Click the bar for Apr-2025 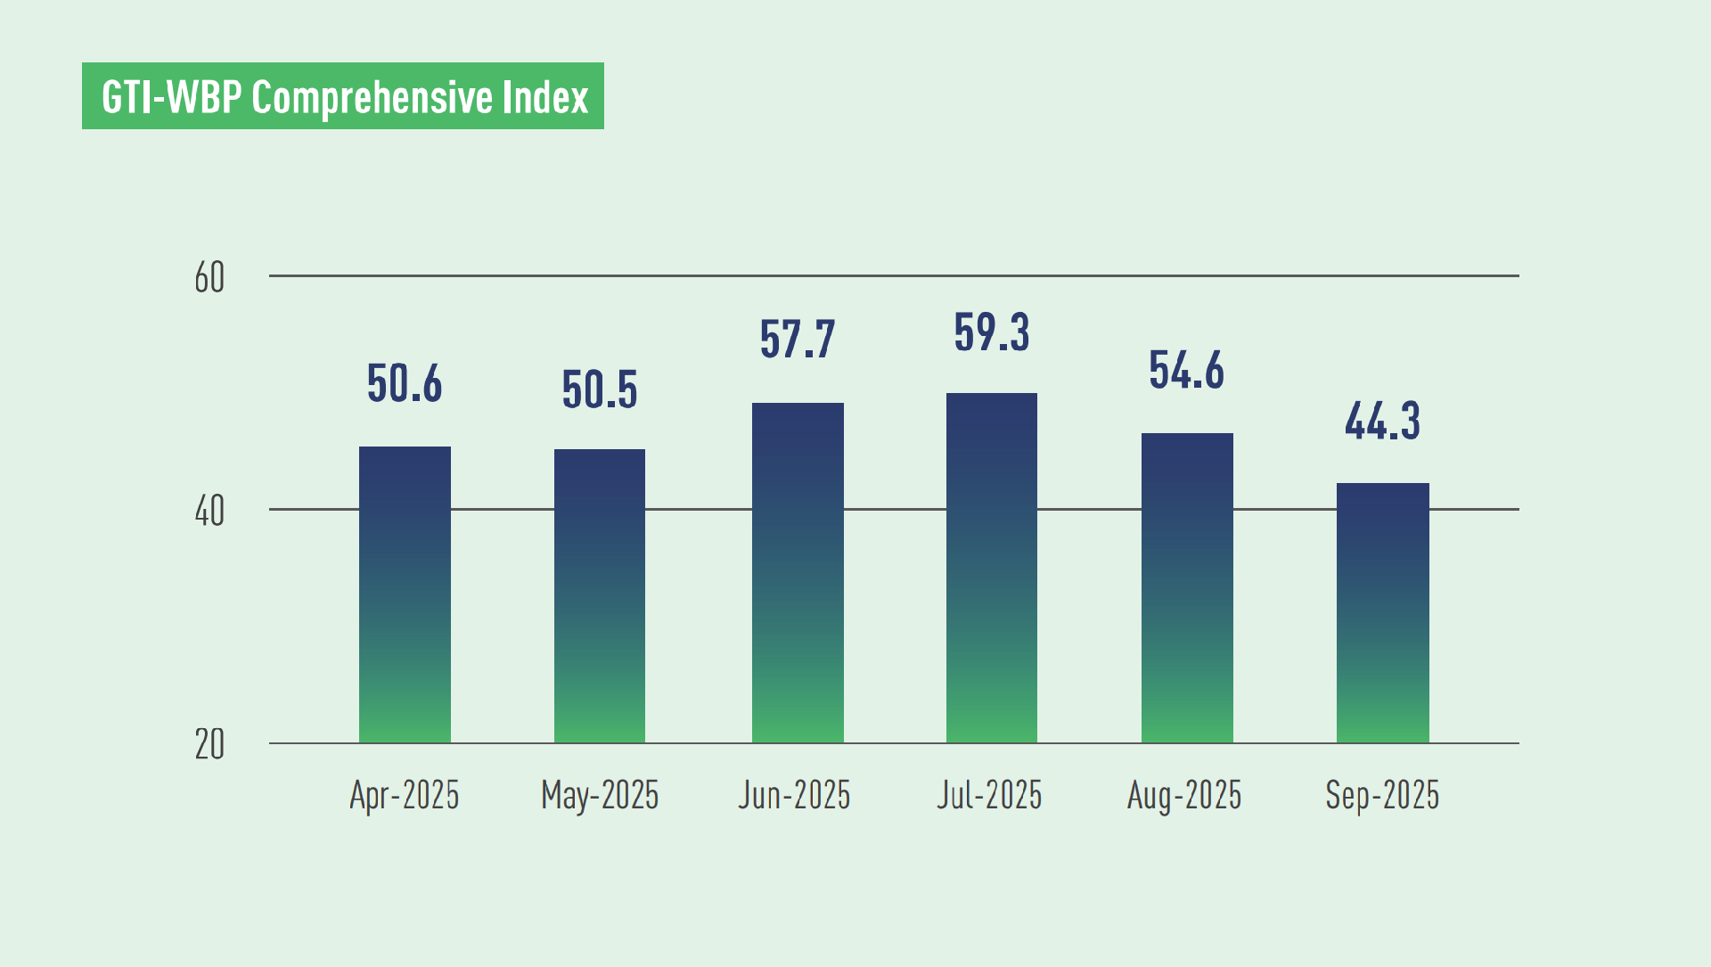click(405, 594)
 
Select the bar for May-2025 click(600, 595)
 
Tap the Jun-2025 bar click(798, 572)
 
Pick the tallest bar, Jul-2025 click(992, 568)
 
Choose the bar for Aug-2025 click(1187, 588)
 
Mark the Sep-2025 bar click(1382, 613)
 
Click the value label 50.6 click(405, 384)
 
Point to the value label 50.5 click(600, 390)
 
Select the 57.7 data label click(798, 340)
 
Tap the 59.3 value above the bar click(992, 332)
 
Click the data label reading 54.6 click(1187, 371)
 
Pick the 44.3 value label click(1382, 422)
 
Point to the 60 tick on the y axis click(209, 278)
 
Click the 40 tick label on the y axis click(209, 512)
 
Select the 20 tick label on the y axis click(209, 745)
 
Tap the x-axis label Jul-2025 click(989, 795)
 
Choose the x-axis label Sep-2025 click(1382, 795)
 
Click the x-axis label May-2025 click(600, 795)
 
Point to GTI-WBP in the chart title click(171, 97)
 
